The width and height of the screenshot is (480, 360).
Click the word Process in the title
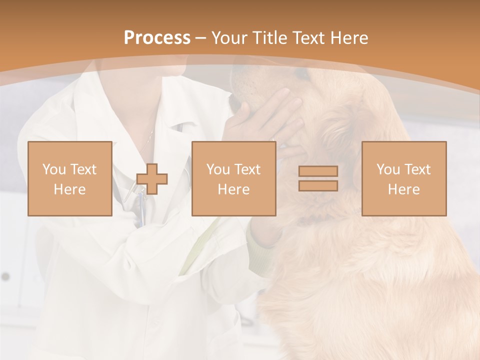pyautogui.click(x=157, y=38)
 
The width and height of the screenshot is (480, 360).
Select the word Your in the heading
pyautogui.click(x=229, y=38)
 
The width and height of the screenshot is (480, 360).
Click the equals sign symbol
pyautogui.click(x=318, y=178)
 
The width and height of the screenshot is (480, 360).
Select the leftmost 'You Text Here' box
pyautogui.click(x=69, y=178)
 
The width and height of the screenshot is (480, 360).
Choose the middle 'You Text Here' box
pyautogui.click(x=233, y=178)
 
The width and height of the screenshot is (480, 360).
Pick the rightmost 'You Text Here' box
pyautogui.click(x=403, y=178)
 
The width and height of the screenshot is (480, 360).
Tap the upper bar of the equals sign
pyautogui.click(x=318, y=171)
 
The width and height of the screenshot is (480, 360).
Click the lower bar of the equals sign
pyautogui.click(x=318, y=186)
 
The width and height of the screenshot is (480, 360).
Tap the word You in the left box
pyautogui.click(x=53, y=169)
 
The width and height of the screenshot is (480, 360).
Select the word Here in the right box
pyautogui.click(x=403, y=189)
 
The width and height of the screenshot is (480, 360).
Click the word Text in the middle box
pyautogui.click(x=247, y=169)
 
